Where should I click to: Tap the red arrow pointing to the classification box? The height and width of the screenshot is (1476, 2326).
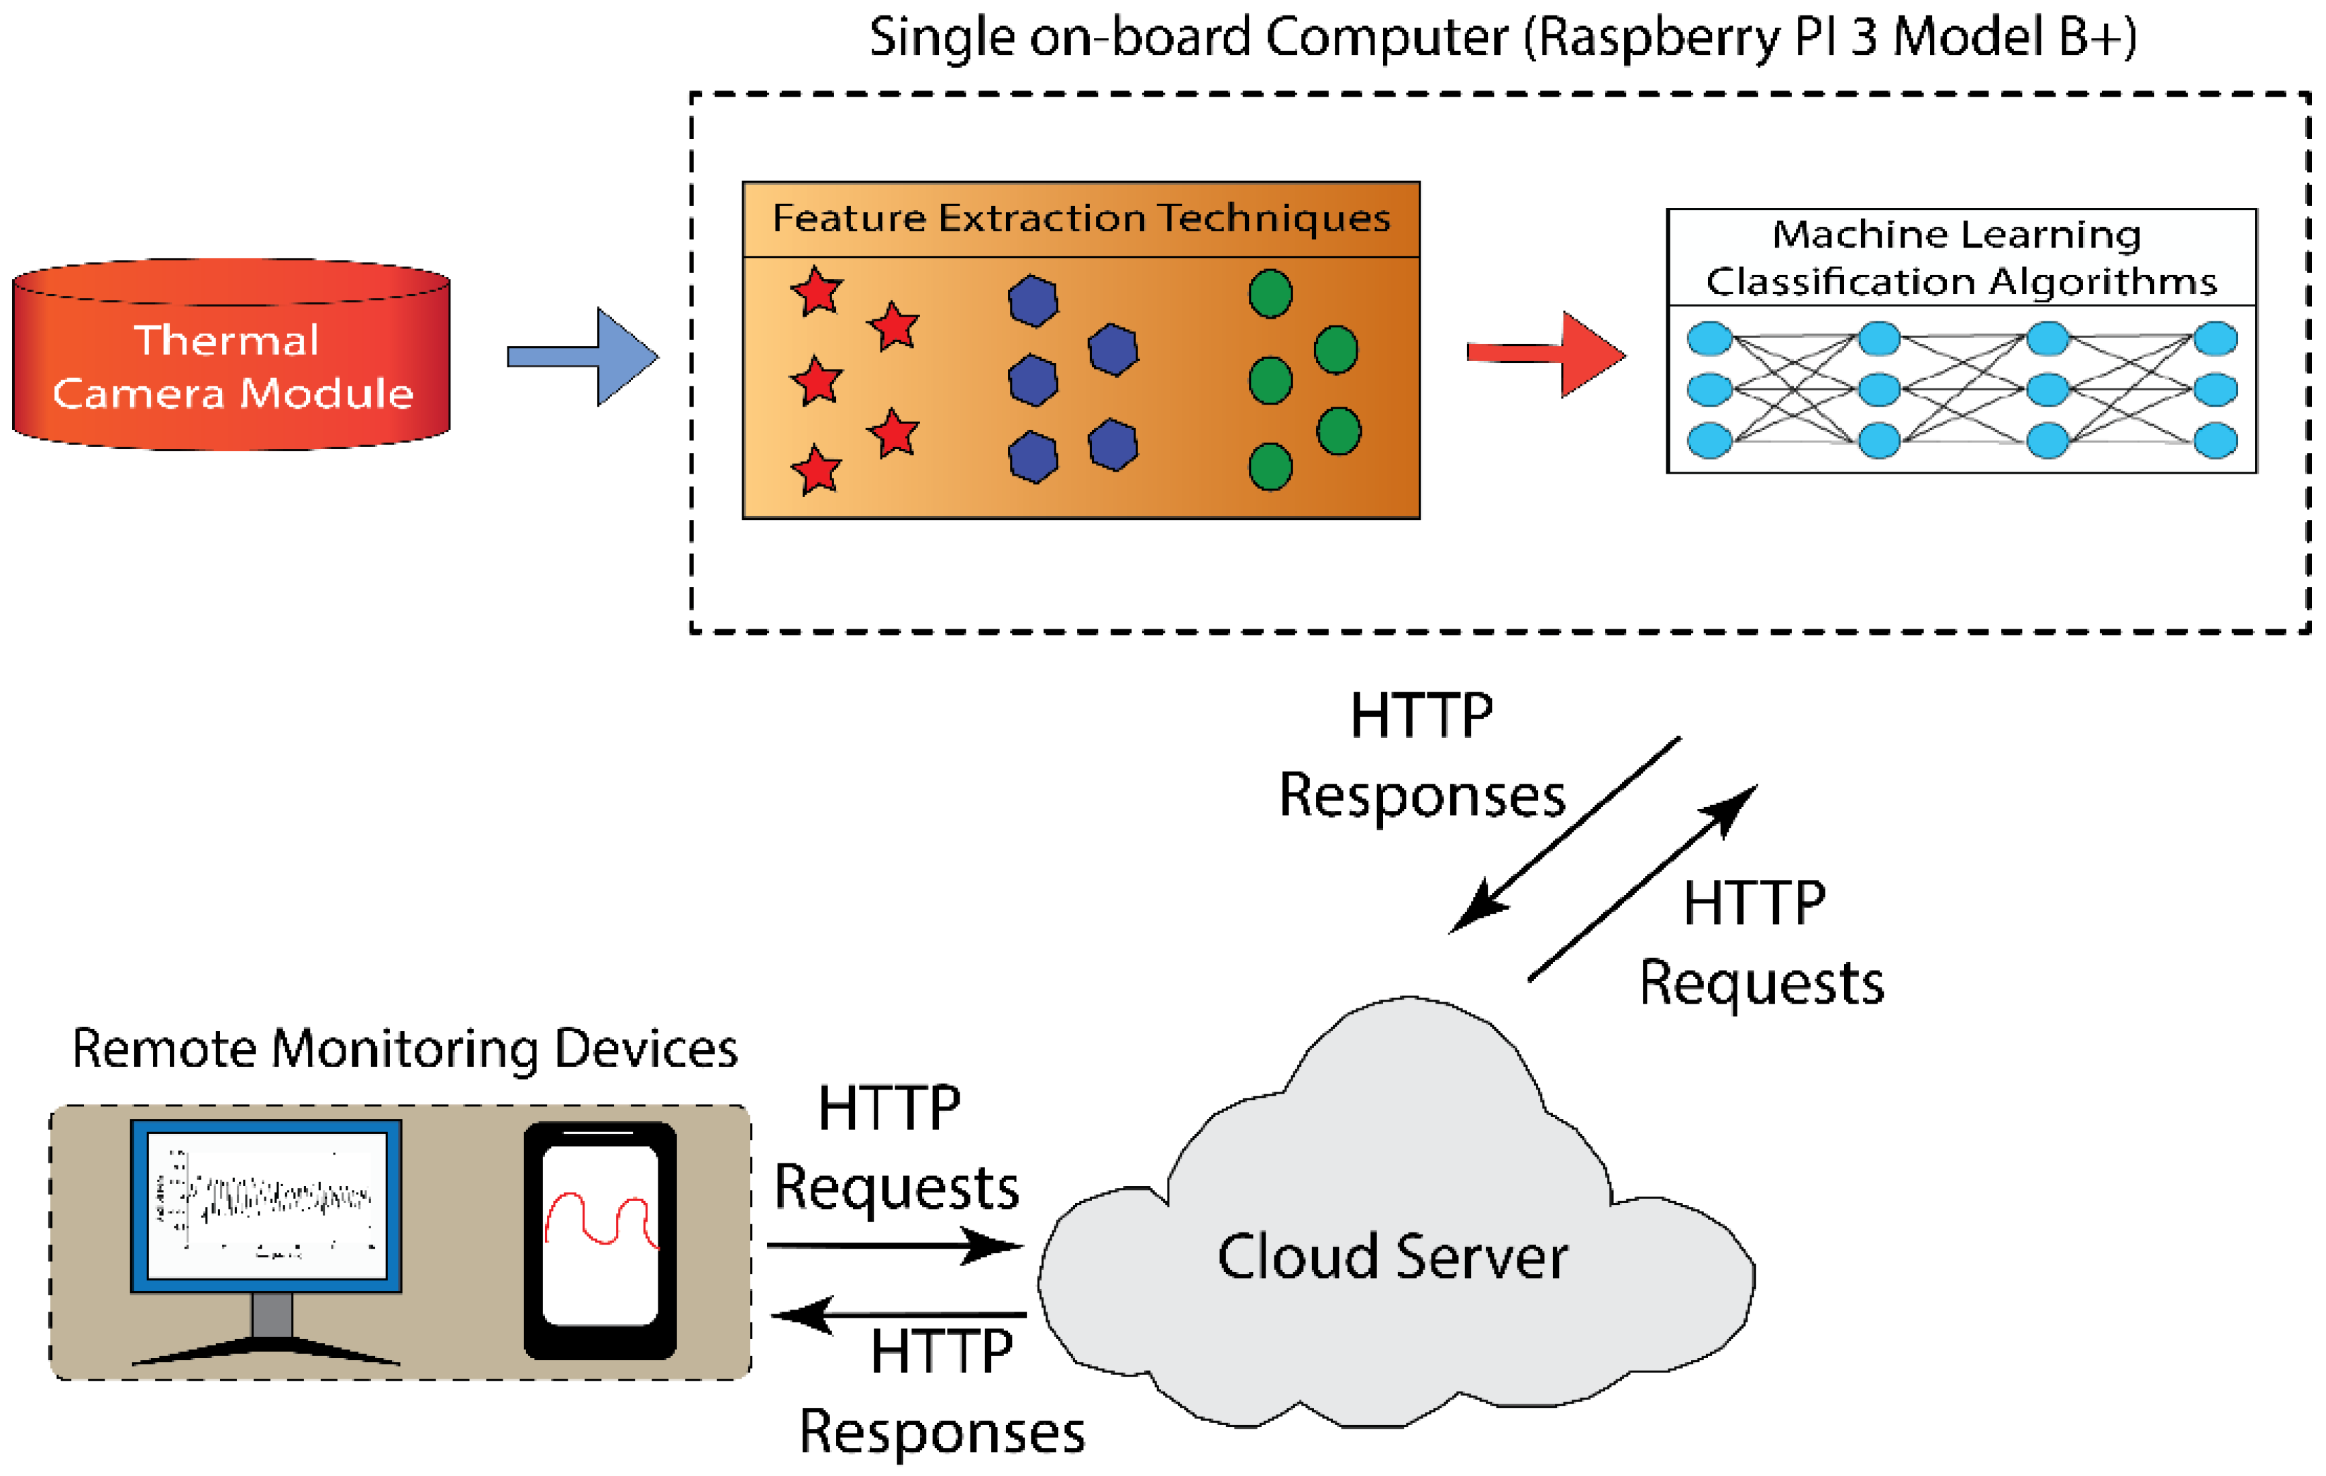(x=1546, y=354)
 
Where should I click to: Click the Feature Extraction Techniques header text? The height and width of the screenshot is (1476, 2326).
(x=1081, y=218)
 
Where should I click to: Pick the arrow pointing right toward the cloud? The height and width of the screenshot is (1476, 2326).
(x=893, y=1245)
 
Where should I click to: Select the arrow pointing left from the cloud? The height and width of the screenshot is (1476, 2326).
(x=899, y=1315)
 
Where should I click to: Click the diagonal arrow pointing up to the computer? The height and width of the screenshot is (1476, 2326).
(x=1642, y=883)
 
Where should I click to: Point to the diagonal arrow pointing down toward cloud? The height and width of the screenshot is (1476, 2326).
(x=1565, y=835)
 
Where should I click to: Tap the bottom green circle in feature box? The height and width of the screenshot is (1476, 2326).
(x=1270, y=468)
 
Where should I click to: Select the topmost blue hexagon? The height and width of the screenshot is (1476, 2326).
(x=1033, y=301)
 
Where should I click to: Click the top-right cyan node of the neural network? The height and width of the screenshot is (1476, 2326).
(x=2215, y=339)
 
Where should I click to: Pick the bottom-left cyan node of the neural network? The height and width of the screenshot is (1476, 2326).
(x=1709, y=441)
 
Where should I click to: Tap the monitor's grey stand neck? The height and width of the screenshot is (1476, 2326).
(x=271, y=1315)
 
